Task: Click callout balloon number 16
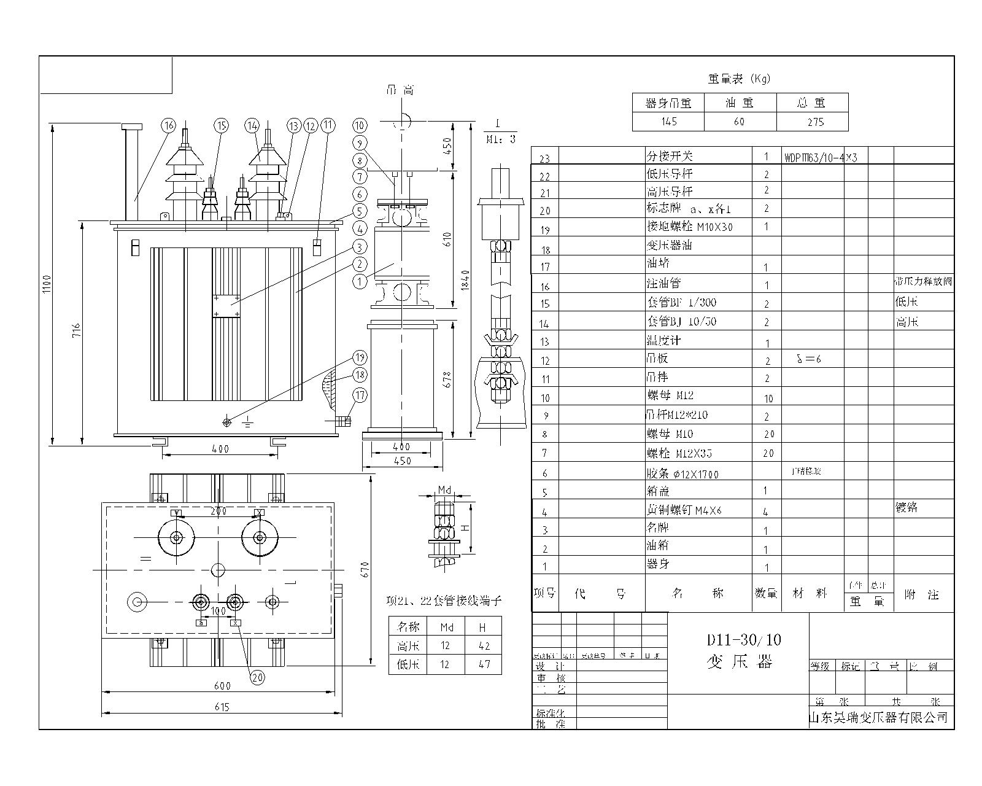pos(169,125)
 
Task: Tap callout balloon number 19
pos(360,357)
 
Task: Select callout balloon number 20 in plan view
pos(257,677)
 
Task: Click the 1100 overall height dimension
pos(46,284)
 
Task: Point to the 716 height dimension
pos(75,332)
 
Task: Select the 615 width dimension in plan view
pos(222,707)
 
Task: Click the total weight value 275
pos(815,122)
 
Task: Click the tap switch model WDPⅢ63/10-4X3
pos(820,157)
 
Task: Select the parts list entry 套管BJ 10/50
pos(681,321)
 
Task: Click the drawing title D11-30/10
pos(743,640)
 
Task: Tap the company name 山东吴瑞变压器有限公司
pos(879,717)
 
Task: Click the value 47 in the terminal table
pos(484,664)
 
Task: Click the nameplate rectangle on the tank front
pos(226,305)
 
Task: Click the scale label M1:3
pos(501,139)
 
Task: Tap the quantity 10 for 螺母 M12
pos(768,399)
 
